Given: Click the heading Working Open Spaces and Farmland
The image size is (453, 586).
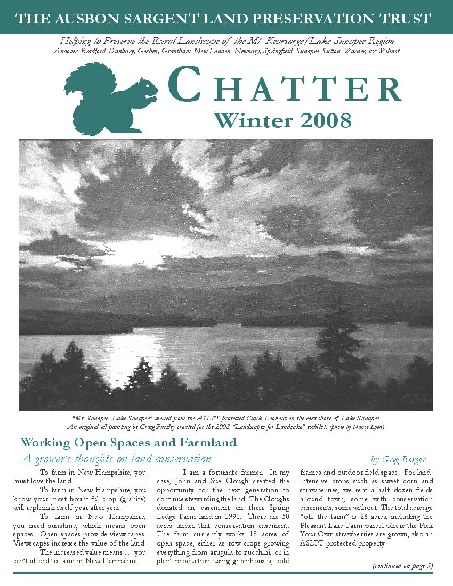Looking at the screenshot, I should point(128,443).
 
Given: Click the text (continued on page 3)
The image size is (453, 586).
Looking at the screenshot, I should point(402,565).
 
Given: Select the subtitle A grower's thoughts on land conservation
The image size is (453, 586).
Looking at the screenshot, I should point(116,459).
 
